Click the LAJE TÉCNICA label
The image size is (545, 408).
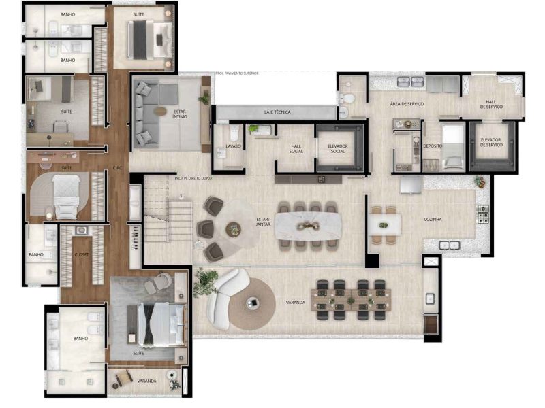coord(279,112)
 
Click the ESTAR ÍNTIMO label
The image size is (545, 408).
coord(180,114)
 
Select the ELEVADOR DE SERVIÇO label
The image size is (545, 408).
coord(490,142)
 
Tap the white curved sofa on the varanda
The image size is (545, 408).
coord(225,299)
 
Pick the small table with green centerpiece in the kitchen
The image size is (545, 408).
coord(384,225)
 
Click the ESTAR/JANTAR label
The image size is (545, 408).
coord(263,222)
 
